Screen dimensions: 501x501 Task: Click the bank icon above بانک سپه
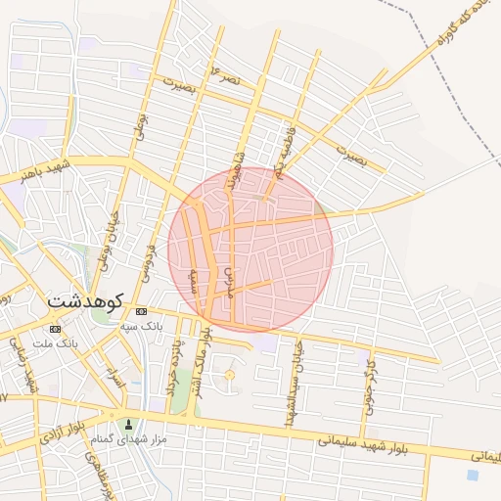[143, 310]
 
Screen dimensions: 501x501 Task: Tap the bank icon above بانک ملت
[55, 330]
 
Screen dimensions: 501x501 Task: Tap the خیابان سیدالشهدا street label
[292, 387]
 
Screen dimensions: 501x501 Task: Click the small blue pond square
[474, 476]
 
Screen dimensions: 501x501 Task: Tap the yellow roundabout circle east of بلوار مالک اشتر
[230, 375]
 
